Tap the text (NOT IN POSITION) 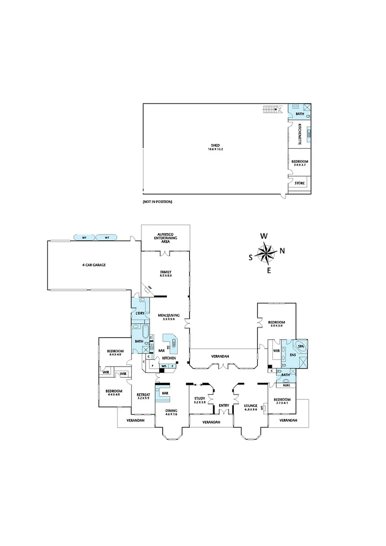158,202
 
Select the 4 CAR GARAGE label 94,265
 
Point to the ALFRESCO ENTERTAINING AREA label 166,236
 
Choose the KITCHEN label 168,358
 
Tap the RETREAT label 143,396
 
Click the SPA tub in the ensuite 302,347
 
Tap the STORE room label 300,183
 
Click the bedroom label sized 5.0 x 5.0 276,324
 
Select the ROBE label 286,385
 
